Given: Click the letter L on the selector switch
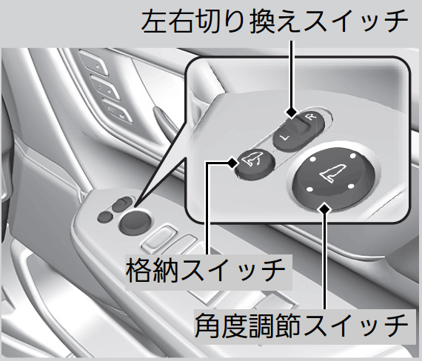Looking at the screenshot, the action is (x=284, y=138).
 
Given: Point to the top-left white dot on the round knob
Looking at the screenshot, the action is (x=312, y=159).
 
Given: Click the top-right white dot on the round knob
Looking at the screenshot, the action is (x=352, y=156).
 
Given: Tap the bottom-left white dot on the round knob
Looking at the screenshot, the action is (x=309, y=189).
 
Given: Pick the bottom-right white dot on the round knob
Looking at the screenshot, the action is (x=351, y=186).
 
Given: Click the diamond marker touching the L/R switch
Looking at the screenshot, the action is (x=292, y=112).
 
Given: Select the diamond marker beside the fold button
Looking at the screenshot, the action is (x=232, y=163).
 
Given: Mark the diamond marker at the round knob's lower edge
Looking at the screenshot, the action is (x=324, y=209).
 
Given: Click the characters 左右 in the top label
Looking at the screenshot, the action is (x=167, y=21).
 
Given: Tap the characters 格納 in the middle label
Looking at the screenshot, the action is (x=152, y=269).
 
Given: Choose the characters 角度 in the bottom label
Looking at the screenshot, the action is (x=221, y=325).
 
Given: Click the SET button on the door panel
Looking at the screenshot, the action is (x=117, y=111).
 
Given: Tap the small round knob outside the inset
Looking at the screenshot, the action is (x=135, y=222).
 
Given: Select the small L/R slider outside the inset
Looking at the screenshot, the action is (x=122, y=204).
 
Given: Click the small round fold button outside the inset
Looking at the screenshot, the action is (x=105, y=217).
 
